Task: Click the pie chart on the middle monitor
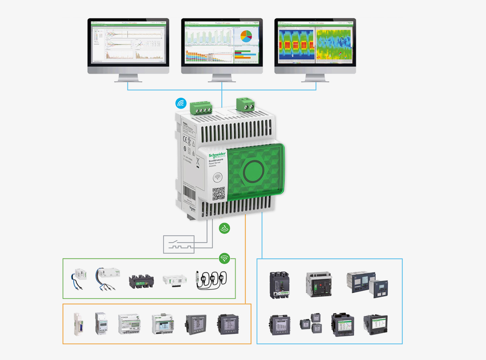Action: tap(246, 37)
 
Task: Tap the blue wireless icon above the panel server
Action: tap(181, 103)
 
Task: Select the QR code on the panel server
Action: tap(219, 194)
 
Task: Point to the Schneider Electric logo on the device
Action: tap(217, 156)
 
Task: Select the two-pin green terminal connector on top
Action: tap(245, 104)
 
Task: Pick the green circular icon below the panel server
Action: tap(224, 228)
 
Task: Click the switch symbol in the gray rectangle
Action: tap(179, 244)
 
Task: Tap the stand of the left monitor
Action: tap(128, 78)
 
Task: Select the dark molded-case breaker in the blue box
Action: tap(279, 285)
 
